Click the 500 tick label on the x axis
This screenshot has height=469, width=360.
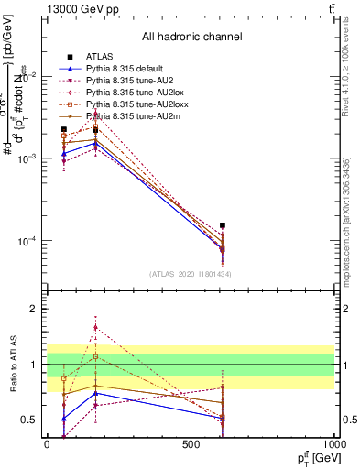pos(191,442)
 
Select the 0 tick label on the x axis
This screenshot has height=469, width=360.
pos(47,442)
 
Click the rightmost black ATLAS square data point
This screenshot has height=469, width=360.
pos(223,225)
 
